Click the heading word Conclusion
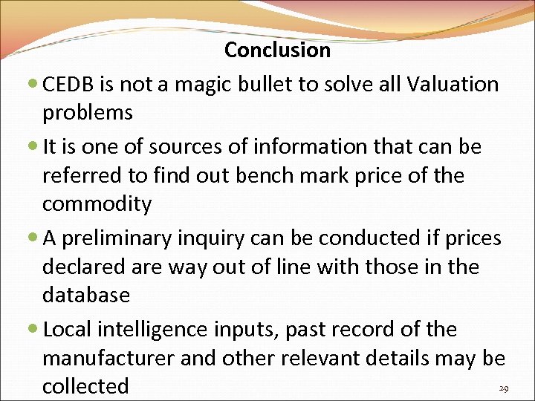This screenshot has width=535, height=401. pyautogui.click(x=277, y=50)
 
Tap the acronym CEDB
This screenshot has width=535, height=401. pyautogui.click(x=72, y=85)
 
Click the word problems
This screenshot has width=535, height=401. pyautogui.click(x=88, y=114)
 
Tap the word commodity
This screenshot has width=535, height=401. pyautogui.click(x=97, y=203)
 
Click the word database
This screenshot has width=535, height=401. pyautogui.click(x=86, y=295)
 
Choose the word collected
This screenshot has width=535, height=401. pyautogui.click(x=85, y=386)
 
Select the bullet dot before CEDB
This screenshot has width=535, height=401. pyautogui.click(x=36, y=85)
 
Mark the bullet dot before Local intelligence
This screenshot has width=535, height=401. pyautogui.click(x=36, y=330)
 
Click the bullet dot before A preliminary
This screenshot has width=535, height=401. pyautogui.click(x=36, y=239)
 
